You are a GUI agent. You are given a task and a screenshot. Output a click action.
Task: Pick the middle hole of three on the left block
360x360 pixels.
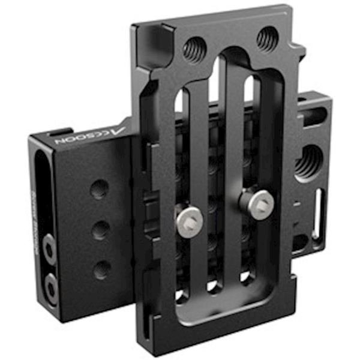click(101, 230)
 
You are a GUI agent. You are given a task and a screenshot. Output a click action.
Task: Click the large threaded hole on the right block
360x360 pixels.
click(308, 161)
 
